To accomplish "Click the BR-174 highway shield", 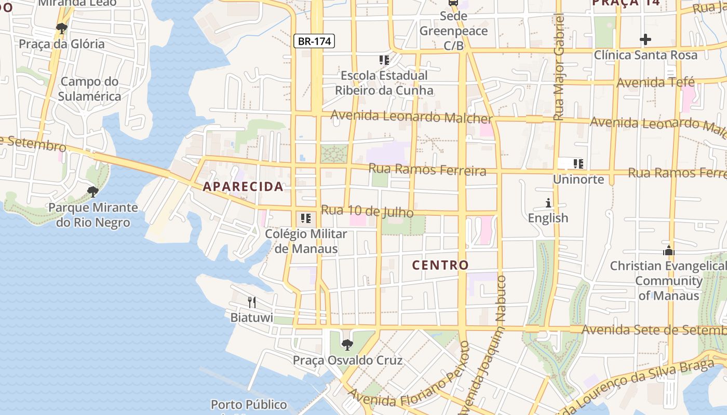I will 314,41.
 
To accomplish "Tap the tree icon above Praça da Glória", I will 62,28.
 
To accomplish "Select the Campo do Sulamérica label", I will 89,89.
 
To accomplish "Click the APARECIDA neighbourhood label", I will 244,186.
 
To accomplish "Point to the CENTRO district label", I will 440,265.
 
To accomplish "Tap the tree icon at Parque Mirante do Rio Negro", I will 93,192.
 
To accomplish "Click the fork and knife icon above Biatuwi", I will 251,302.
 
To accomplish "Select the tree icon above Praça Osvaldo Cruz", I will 347,344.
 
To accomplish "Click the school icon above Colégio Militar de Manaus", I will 306,218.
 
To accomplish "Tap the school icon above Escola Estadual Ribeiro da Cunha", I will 384,60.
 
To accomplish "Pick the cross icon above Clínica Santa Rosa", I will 645,39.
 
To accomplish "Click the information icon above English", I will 548,202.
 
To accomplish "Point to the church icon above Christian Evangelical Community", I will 668,251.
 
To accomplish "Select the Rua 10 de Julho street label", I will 367,211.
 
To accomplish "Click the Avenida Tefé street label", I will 654,82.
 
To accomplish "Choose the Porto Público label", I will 249,404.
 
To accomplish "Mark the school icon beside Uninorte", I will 578,164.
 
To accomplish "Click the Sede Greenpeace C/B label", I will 453,31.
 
